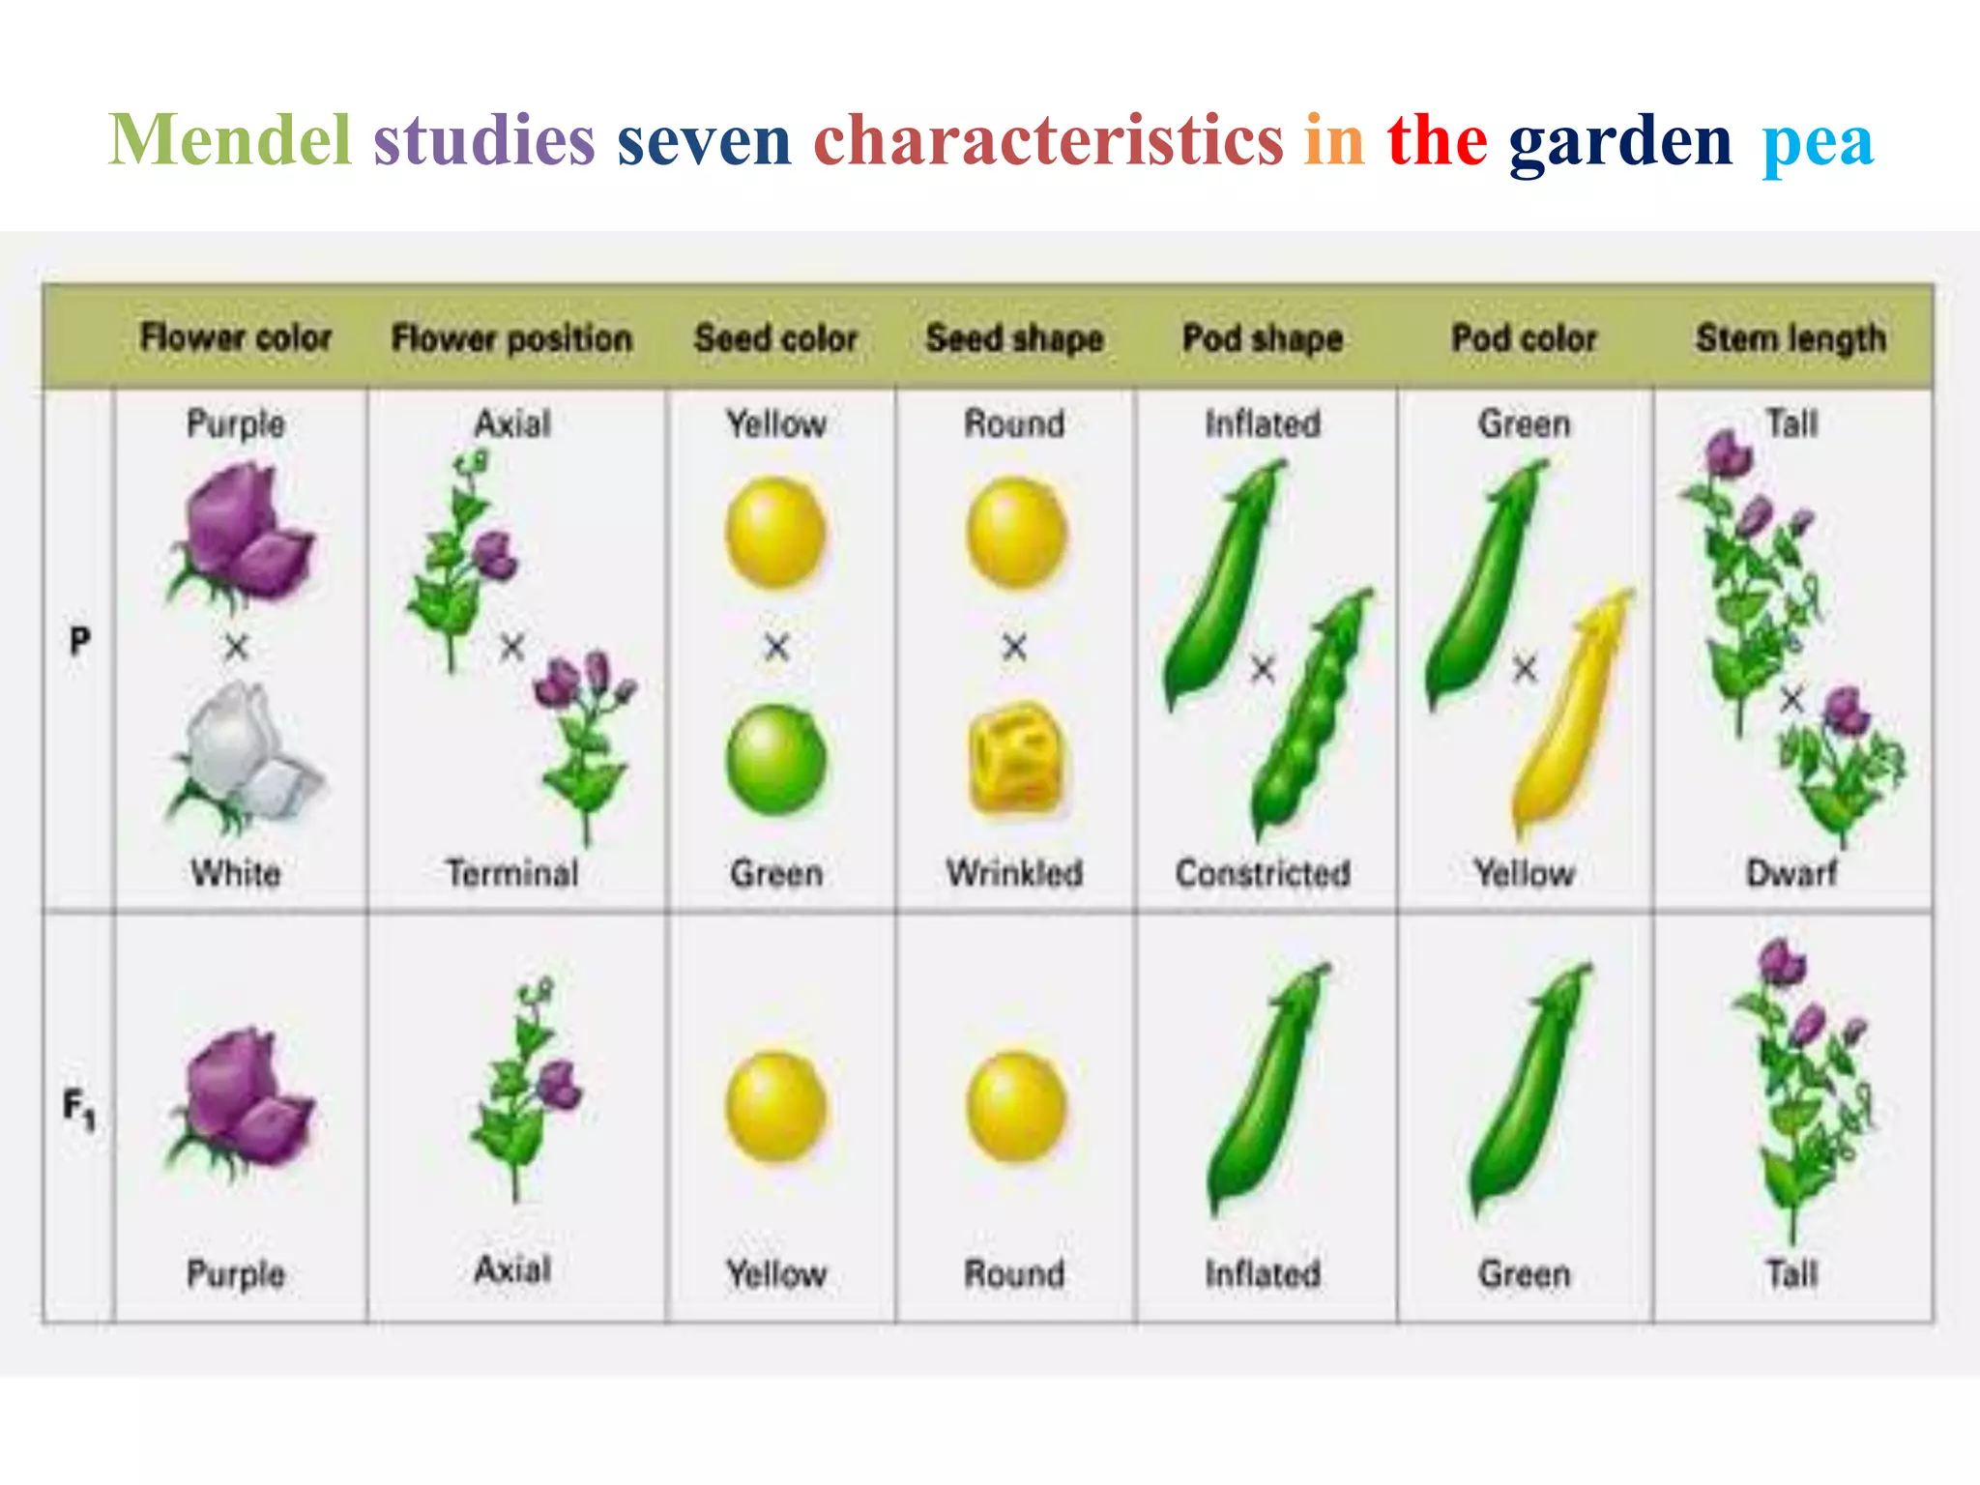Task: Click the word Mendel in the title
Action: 229,140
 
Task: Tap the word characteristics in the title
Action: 1048,140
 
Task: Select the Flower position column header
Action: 511,338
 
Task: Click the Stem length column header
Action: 1791,338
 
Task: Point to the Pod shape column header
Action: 1263,338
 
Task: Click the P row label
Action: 80,640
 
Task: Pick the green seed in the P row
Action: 776,760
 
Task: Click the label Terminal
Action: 511,873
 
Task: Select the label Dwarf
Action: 1791,873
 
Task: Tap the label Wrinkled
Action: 1014,873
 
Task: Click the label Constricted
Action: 1263,873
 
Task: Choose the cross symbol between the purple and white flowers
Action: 236,647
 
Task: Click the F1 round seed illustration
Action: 1015,1106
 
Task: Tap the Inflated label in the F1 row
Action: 1263,1273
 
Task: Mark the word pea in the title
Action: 1818,143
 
